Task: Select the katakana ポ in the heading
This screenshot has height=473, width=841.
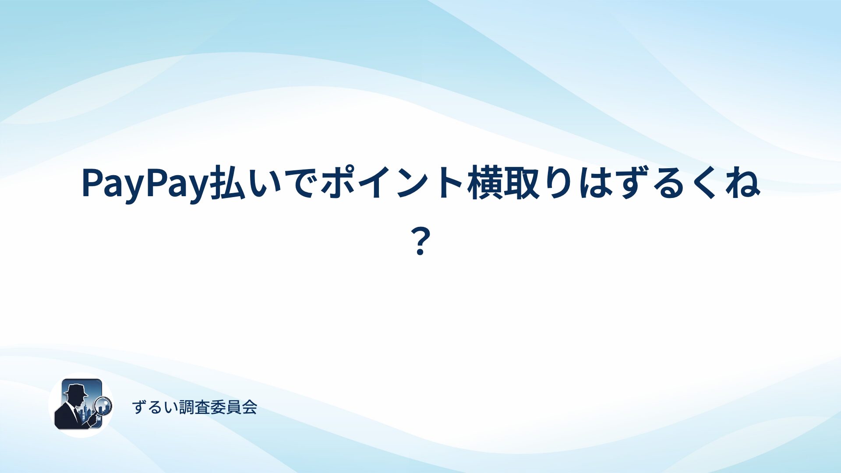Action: (339, 184)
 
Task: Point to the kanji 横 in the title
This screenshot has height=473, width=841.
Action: (484, 184)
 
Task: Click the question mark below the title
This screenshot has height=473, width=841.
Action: (420, 242)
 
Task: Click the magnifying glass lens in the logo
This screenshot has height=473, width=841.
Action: (103, 406)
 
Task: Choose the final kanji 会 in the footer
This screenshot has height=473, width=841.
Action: (250, 407)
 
